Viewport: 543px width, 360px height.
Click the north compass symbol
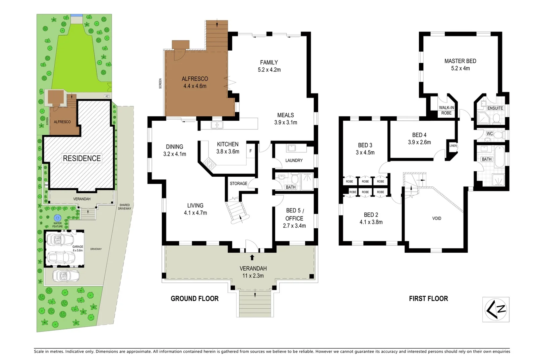pos(496,309)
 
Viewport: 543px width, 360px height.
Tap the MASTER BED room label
pos(460,61)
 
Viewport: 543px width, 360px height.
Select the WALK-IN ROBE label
pos(446,110)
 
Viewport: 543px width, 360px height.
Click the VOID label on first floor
pos(436,218)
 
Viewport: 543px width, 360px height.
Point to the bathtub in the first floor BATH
pos(499,157)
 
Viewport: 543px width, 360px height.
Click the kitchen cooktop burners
pos(210,164)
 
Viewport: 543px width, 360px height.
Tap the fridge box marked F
pos(250,151)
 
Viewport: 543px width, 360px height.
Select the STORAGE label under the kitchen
pos(238,183)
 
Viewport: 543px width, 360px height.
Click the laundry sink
pos(291,148)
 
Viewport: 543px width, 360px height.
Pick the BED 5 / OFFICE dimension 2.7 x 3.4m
pos(294,226)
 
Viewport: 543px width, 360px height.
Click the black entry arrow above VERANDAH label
pos(252,257)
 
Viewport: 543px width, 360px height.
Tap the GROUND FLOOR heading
pos(194,298)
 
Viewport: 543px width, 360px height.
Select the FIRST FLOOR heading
pos(428,298)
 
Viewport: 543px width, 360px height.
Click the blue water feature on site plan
pos(57,218)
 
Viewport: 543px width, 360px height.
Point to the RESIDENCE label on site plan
pos(82,158)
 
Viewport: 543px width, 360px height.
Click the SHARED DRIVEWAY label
pos(124,206)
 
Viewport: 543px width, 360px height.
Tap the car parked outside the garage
pos(66,276)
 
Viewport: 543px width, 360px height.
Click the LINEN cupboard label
pos(453,146)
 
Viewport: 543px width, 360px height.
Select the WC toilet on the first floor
pos(499,135)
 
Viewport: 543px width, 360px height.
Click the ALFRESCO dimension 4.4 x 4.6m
pos(195,86)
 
